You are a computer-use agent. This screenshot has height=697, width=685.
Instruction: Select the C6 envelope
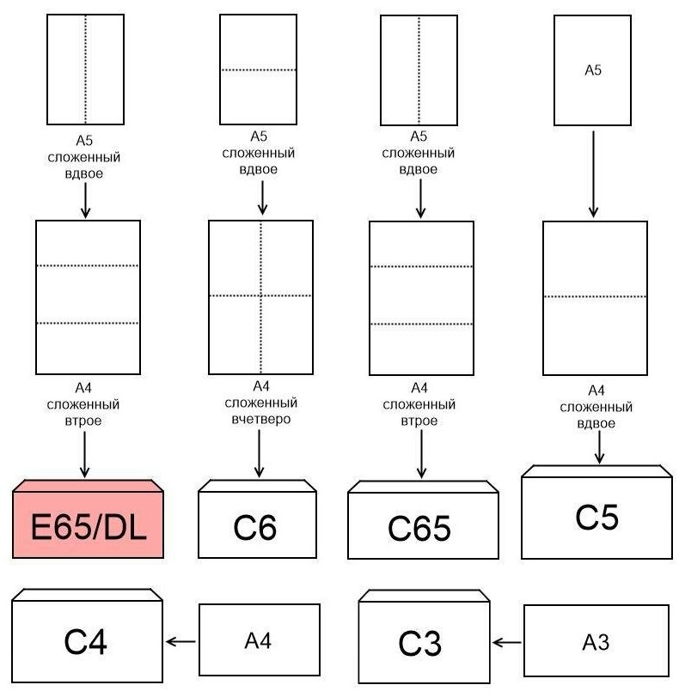pos(257,525)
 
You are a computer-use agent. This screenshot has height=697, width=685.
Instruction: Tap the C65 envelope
pos(422,527)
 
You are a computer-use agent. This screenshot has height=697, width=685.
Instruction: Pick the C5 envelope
pos(597,518)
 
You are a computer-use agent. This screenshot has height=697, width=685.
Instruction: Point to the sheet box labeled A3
pos(596,642)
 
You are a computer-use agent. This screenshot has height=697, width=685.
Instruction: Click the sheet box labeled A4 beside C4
pos(259,640)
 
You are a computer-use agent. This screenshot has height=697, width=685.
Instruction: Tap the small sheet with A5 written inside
pos(592,70)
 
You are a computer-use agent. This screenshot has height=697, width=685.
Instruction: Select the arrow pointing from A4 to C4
pos(181,641)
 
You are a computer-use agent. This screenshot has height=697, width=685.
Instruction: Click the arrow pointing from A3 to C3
pos(507,642)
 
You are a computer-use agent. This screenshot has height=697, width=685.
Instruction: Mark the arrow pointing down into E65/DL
pos(84,454)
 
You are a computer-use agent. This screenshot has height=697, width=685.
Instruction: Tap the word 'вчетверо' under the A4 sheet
pos(260,420)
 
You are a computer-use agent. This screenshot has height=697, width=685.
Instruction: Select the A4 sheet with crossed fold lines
pos(260,297)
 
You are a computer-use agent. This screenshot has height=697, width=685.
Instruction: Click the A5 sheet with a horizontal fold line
pos(258,70)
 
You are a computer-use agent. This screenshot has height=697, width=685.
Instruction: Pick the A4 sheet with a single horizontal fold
pos(595,298)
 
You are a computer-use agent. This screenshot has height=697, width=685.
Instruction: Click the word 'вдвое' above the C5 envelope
pos(596,424)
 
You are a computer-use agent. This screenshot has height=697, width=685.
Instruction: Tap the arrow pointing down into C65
pos(420,455)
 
